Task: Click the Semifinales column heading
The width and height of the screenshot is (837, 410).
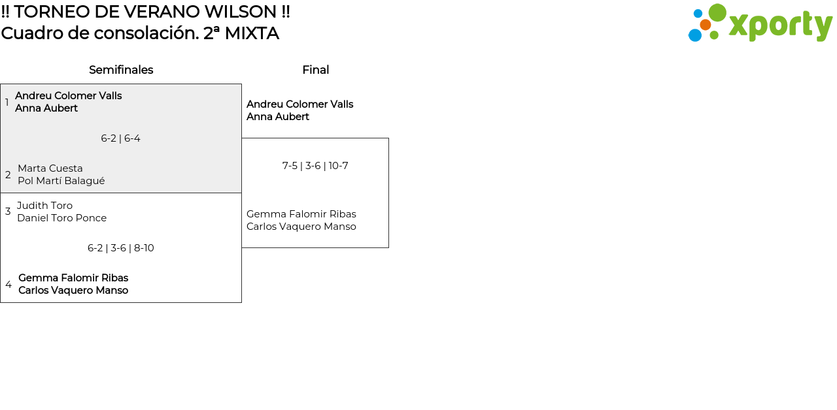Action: [121, 70]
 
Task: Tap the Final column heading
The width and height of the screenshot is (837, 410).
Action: [315, 70]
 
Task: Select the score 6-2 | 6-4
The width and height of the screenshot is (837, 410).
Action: [120, 138]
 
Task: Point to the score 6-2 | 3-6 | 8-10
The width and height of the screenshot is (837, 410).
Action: [120, 248]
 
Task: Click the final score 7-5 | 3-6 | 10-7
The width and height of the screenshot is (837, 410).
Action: [315, 166]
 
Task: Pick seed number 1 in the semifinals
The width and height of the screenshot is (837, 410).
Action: [7, 102]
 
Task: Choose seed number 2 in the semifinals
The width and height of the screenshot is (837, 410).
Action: [8, 175]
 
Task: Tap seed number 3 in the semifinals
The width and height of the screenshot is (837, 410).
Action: [8, 212]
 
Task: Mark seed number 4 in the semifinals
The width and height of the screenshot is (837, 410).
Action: [9, 285]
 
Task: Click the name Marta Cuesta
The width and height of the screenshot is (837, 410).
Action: [50, 168]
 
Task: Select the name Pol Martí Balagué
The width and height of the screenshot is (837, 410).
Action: [61, 181]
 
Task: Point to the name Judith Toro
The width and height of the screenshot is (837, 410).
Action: [44, 206]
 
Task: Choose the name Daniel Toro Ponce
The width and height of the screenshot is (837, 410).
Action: [61, 218]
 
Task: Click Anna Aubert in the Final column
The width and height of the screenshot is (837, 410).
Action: [278, 117]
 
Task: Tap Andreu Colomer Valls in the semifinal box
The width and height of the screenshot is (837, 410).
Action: [69, 96]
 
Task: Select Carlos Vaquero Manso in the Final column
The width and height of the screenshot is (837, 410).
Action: [301, 227]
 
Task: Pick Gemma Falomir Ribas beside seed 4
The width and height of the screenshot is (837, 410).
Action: [73, 278]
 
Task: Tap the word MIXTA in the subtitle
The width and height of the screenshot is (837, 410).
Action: [252, 33]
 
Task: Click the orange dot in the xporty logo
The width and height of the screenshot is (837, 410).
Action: [705, 25]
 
